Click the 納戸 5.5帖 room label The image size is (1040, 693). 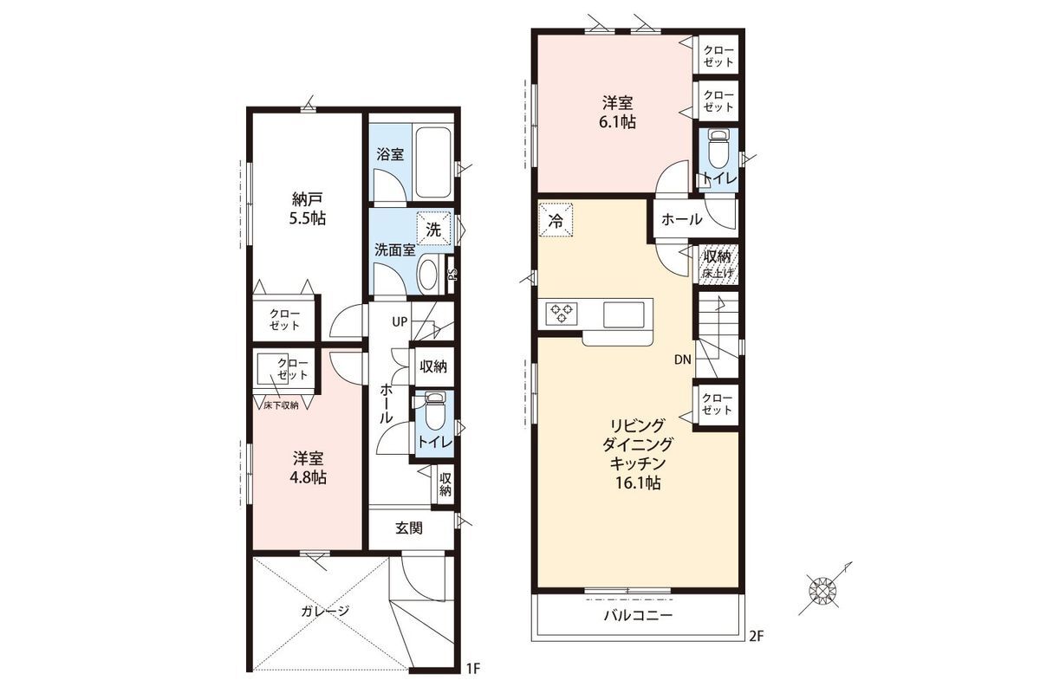pyautogui.click(x=308, y=209)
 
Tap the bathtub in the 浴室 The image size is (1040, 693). pyautogui.click(x=433, y=163)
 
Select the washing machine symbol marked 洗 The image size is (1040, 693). pyautogui.click(x=433, y=229)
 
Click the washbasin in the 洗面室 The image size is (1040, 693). pyautogui.click(x=428, y=275)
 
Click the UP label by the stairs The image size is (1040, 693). pyautogui.click(x=400, y=321)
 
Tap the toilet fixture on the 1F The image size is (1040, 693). pyautogui.click(x=434, y=411)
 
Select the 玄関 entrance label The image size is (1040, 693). pyautogui.click(x=408, y=528)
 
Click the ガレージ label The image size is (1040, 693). pyautogui.click(x=325, y=611)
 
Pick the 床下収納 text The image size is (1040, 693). pyautogui.click(x=281, y=405)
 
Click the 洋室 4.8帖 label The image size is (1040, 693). pyautogui.click(x=308, y=468)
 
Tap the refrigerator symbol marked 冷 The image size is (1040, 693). pyautogui.click(x=556, y=220)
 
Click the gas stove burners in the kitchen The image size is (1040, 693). pyautogui.click(x=562, y=312)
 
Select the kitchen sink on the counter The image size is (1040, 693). pyautogui.click(x=623, y=314)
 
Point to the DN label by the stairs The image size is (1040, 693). pyautogui.click(x=683, y=359)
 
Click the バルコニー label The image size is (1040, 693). pyautogui.click(x=638, y=616)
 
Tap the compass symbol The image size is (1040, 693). pyautogui.click(x=823, y=590)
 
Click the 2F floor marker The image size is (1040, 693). pyautogui.click(x=757, y=636)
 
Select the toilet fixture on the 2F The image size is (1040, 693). pyautogui.click(x=718, y=146)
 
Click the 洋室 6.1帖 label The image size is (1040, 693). pyautogui.click(x=617, y=113)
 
